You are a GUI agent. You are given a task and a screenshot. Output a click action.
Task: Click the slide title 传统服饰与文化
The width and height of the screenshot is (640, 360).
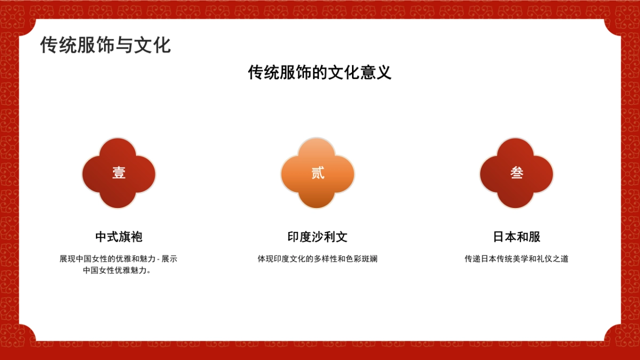[105, 45]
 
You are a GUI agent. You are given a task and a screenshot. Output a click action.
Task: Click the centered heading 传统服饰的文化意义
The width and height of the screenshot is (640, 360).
[319, 73]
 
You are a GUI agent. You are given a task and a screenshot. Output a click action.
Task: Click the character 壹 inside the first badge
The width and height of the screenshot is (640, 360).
[118, 173]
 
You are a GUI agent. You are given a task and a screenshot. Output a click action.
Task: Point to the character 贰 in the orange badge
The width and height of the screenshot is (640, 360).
[318, 173]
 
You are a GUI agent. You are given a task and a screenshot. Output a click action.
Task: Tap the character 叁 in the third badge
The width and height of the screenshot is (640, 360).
[517, 173]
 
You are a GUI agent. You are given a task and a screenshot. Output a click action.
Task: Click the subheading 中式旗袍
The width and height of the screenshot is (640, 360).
[118, 237]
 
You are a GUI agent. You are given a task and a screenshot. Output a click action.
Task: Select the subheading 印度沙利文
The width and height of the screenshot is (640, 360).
[317, 237]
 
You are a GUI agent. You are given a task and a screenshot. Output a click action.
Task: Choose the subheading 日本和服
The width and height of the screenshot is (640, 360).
[516, 237]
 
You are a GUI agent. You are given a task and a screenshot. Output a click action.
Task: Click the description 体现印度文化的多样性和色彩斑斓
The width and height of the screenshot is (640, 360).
[317, 259]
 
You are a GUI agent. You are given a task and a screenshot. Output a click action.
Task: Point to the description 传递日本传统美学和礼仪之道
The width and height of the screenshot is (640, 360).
[516, 259]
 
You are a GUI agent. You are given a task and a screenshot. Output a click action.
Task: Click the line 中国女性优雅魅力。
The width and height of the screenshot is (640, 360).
[118, 270]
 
